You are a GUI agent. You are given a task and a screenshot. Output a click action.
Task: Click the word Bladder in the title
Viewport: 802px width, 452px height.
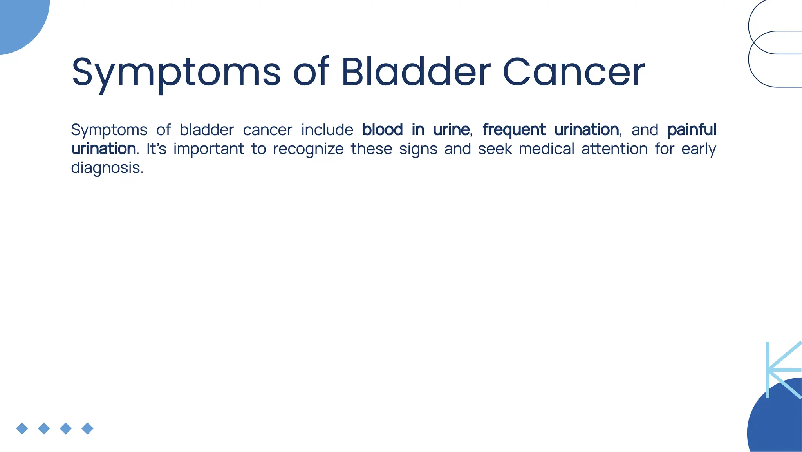pos(415,72)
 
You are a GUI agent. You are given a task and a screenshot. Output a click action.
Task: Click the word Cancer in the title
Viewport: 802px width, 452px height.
pos(573,72)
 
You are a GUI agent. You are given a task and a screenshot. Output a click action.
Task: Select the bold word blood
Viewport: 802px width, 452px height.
pos(382,130)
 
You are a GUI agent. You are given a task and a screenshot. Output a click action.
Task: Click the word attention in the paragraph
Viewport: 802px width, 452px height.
pos(614,149)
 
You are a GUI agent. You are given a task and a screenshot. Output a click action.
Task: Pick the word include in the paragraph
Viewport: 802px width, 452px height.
pos(327,130)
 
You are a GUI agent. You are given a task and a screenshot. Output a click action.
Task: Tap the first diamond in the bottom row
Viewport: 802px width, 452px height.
pos(22,428)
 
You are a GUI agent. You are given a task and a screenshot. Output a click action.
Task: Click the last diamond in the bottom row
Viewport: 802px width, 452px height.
pos(87,428)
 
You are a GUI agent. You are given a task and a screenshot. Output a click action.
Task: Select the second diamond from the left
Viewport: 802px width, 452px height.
pos(44,428)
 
